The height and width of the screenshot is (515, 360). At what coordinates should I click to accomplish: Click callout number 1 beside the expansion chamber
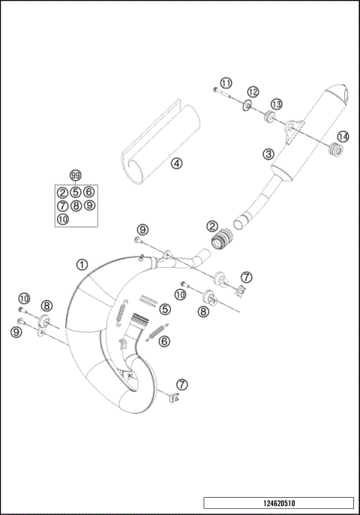(82, 264)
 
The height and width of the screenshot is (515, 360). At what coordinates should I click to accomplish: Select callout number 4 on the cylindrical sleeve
(174, 162)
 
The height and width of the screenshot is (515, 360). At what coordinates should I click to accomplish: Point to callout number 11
(226, 82)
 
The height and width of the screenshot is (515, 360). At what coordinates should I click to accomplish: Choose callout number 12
(253, 91)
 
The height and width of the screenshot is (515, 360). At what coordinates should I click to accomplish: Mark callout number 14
(343, 136)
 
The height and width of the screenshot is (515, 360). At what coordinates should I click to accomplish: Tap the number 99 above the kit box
(75, 175)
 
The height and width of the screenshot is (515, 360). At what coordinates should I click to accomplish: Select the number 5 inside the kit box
(76, 192)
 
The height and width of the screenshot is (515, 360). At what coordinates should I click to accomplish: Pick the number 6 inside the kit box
(88, 192)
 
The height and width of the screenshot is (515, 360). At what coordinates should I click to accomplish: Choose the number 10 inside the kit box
(63, 218)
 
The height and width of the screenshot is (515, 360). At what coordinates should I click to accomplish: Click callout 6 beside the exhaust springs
(164, 341)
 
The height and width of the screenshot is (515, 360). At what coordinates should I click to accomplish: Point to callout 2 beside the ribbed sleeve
(213, 225)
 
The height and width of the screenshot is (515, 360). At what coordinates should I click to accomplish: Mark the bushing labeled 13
(267, 116)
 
